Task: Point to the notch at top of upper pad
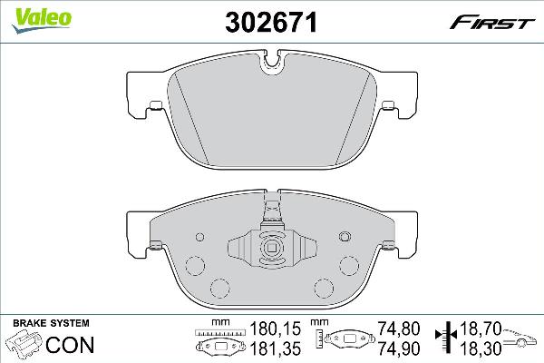tap(272, 64)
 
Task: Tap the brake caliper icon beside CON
tap(24, 346)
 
